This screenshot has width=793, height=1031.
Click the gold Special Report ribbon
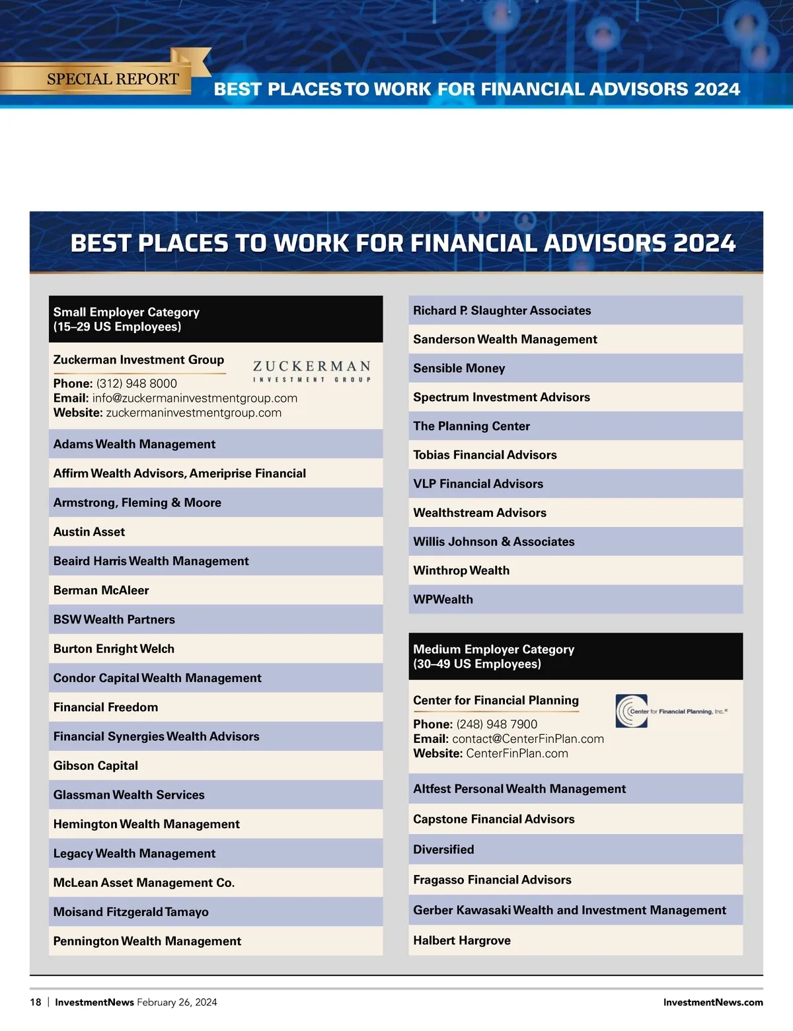click(x=112, y=79)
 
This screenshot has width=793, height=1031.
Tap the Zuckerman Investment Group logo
click(x=311, y=371)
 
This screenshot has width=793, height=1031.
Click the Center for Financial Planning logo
click(x=670, y=711)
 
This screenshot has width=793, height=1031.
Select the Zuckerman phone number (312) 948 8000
click(x=136, y=383)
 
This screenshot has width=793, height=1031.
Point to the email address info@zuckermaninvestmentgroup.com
click(x=194, y=398)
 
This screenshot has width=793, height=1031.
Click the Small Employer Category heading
click(x=126, y=319)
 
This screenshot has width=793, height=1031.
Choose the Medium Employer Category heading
click(x=493, y=656)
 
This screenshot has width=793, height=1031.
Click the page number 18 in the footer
click(x=36, y=1002)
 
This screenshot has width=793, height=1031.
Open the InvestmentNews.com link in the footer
click(x=712, y=1002)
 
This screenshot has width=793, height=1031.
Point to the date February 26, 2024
click(x=176, y=1002)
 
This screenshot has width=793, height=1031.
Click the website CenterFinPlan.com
click(x=517, y=753)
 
